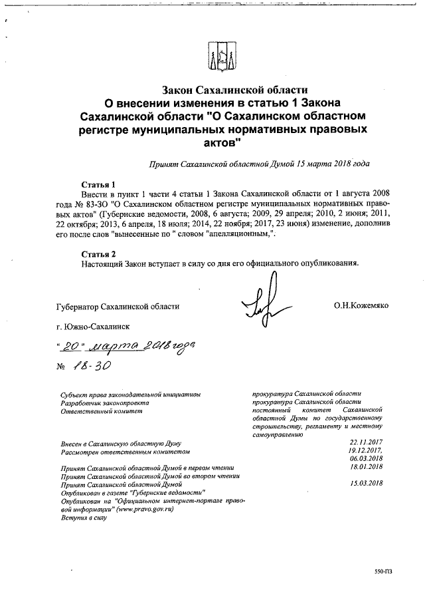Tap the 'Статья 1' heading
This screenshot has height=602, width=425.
pos(98,184)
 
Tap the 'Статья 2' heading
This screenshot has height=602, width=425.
pos(98,253)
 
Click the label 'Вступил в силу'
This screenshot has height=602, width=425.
pos(84,517)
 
